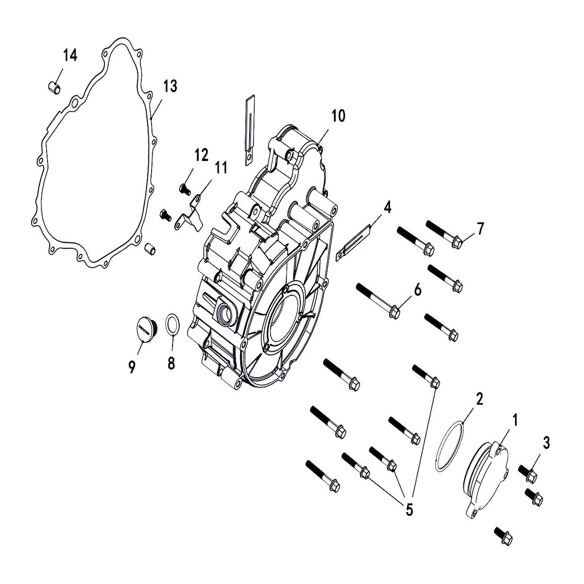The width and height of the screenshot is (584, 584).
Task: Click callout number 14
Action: point(70,56)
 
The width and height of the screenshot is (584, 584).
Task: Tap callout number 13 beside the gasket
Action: point(170,87)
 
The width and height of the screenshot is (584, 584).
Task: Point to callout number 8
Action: point(171,363)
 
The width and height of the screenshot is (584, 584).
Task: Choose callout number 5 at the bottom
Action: point(409,509)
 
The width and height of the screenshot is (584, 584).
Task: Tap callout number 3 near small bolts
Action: point(546,443)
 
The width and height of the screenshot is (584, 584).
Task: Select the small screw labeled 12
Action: point(185,188)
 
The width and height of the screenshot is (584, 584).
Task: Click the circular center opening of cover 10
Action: point(282,321)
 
